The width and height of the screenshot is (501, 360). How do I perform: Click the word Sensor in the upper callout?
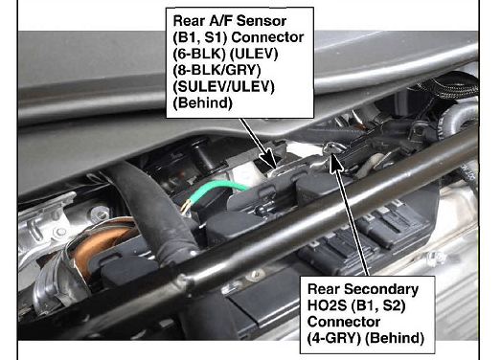pos(262,21)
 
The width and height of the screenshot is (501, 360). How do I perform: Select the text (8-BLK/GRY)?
pos(216,70)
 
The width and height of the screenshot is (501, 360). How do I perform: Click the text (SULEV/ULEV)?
pos(223,87)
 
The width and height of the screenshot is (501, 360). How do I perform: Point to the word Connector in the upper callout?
pos(267,37)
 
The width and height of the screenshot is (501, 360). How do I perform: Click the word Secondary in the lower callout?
pos(381,289)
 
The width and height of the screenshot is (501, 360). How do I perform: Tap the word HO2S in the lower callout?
pos(327,305)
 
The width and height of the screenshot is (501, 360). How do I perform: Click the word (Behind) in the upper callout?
pos(202,103)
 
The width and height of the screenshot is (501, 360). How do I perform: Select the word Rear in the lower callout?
pos(324,289)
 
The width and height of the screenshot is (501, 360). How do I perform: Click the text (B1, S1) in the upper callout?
pos(199,37)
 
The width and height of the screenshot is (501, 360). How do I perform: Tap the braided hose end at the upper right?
pos(450,84)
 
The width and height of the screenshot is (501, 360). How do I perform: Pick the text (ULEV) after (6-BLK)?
pos(254,54)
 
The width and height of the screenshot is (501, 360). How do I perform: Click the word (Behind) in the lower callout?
pos(395,338)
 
